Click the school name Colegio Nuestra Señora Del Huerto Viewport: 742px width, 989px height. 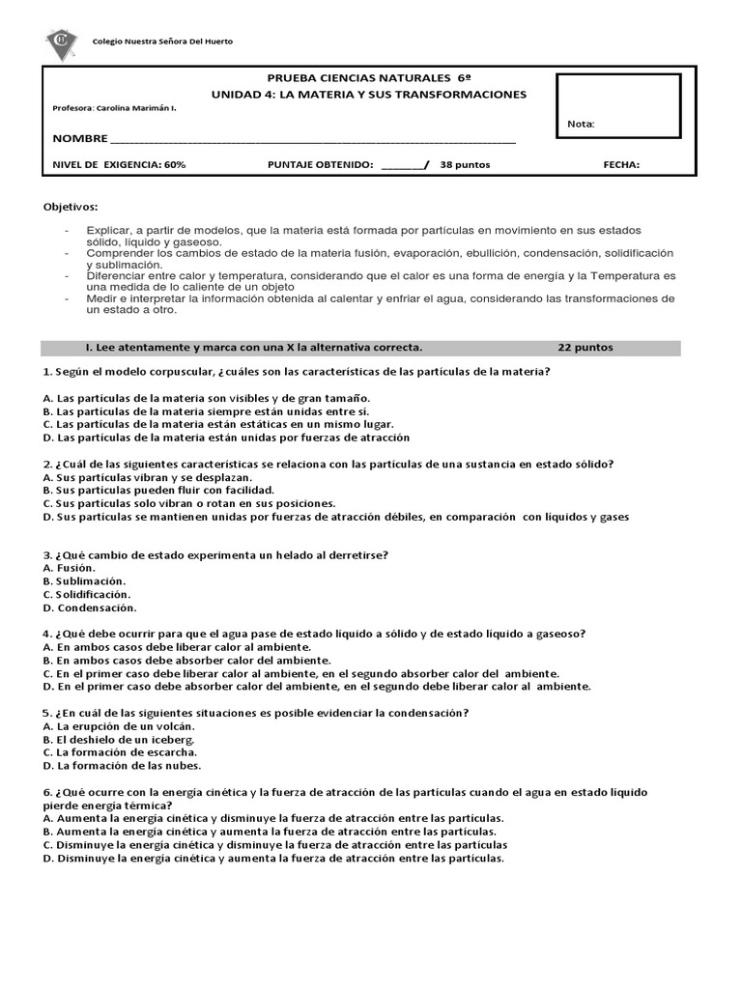tap(161, 42)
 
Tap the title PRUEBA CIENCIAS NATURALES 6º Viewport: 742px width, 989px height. tap(369, 77)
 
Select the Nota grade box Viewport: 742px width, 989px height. tap(618, 106)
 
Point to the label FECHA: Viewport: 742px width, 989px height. tap(621, 165)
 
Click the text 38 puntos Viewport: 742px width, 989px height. tap(465, 165)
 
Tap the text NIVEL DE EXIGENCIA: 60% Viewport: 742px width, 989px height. tap(119, 165)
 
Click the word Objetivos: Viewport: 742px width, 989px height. tap(71, 208)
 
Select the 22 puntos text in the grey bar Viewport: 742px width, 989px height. tap(585, 348)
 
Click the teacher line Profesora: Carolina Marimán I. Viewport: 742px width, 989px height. tap(115, 108)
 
